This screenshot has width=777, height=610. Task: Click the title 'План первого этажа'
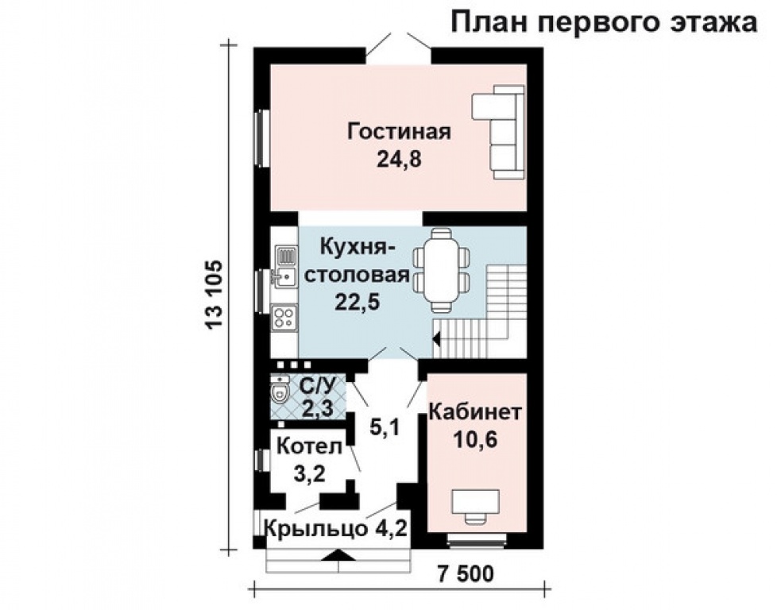point(604,22)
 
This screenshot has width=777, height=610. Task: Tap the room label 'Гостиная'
point(399,131)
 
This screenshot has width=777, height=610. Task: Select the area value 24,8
point(399,159)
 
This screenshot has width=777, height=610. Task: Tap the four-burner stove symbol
point(284,318)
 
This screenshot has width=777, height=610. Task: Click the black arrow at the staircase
point(435,341)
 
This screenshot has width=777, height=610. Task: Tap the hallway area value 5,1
point(385,427)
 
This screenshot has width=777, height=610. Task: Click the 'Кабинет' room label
point(475,412)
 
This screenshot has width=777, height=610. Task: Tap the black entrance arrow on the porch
point(336,556)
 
